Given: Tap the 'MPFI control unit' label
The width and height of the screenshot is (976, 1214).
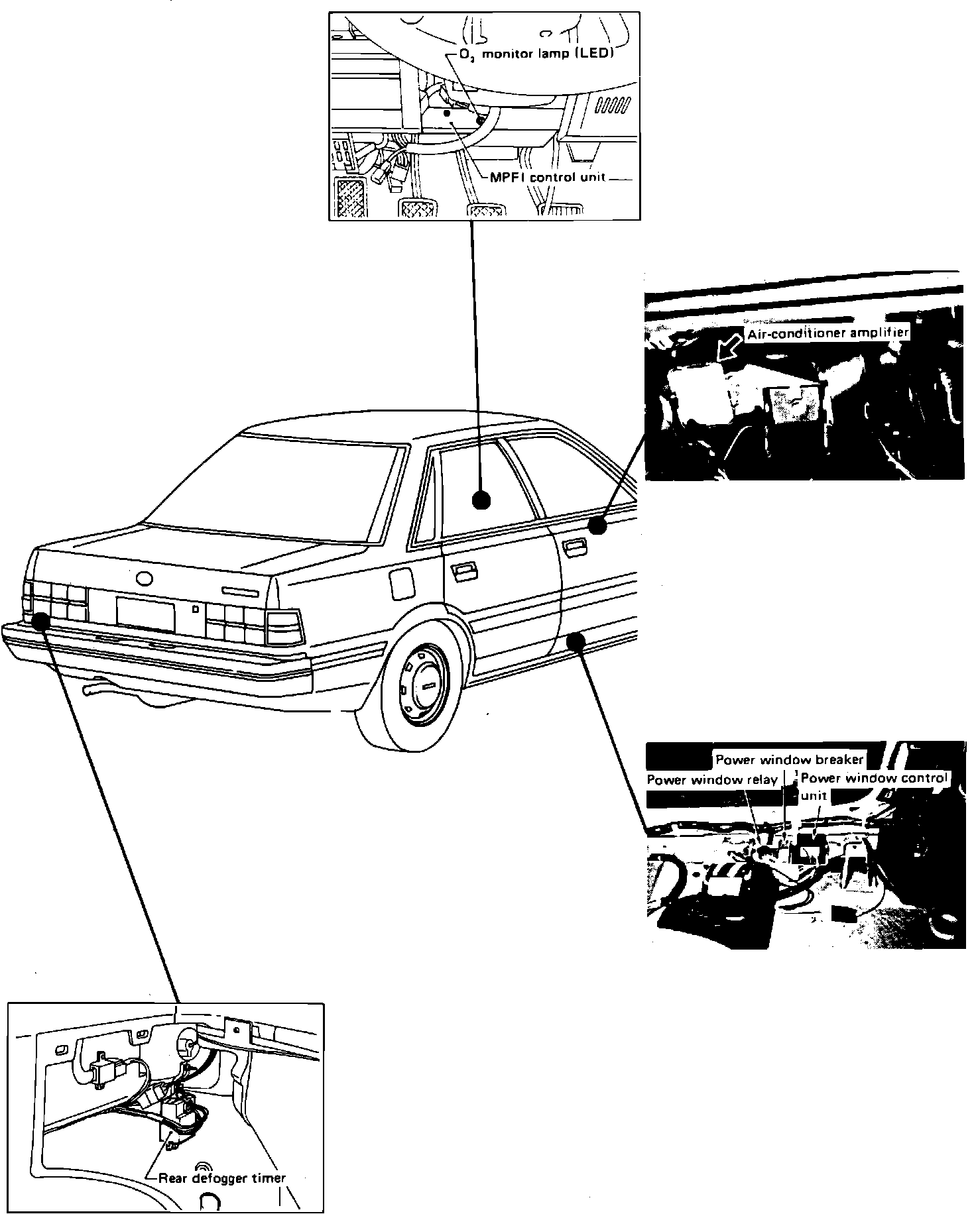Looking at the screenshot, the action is (x=548, y=178).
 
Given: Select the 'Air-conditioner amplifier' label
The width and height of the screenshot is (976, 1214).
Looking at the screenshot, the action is (x=827, y=333).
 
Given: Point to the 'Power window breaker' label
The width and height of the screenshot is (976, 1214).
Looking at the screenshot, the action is (x=789, y=759).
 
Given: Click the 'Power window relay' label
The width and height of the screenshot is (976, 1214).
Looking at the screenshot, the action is (x=711, y=780).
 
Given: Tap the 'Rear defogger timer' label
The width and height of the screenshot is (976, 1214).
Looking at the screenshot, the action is (x=222, y=1178).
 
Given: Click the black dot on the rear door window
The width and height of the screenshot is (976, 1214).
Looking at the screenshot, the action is (x=481, y=501).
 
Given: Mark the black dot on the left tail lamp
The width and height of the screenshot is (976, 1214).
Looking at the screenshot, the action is (x=40, y=620).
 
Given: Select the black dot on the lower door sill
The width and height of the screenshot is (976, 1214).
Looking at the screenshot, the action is (x=576, y=640).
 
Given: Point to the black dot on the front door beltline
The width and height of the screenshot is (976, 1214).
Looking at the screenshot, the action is (x=597, y=525).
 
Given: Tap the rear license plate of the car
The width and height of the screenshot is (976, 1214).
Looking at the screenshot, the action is (x=145, y=613).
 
